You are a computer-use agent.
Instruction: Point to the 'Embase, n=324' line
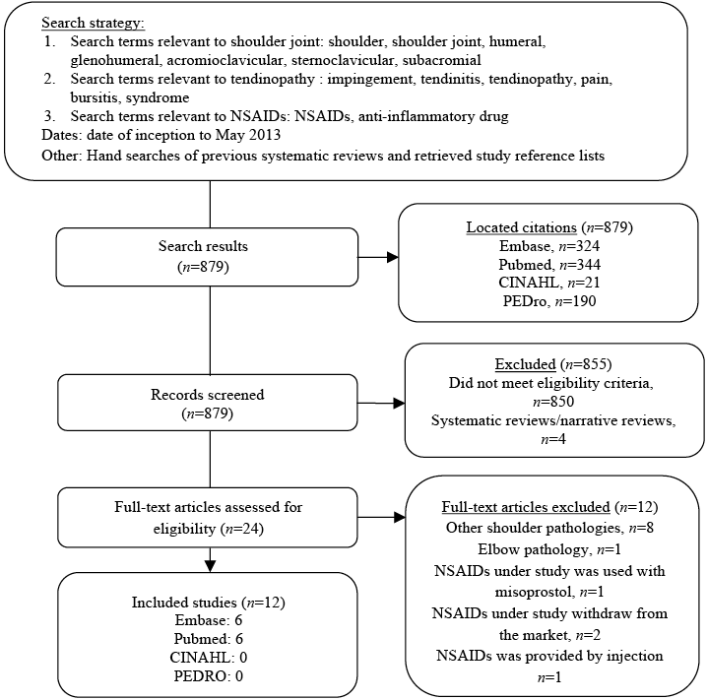click(x=550, y=246)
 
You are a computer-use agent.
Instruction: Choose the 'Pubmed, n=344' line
click(x=550, y=264)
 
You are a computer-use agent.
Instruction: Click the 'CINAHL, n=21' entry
click(x=550, y=282)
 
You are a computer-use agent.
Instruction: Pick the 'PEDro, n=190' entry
click(x=550, y=299)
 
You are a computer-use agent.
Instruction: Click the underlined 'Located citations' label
click(x=521, y=228)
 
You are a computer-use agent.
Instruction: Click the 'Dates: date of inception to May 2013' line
click(x=147, y=134)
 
